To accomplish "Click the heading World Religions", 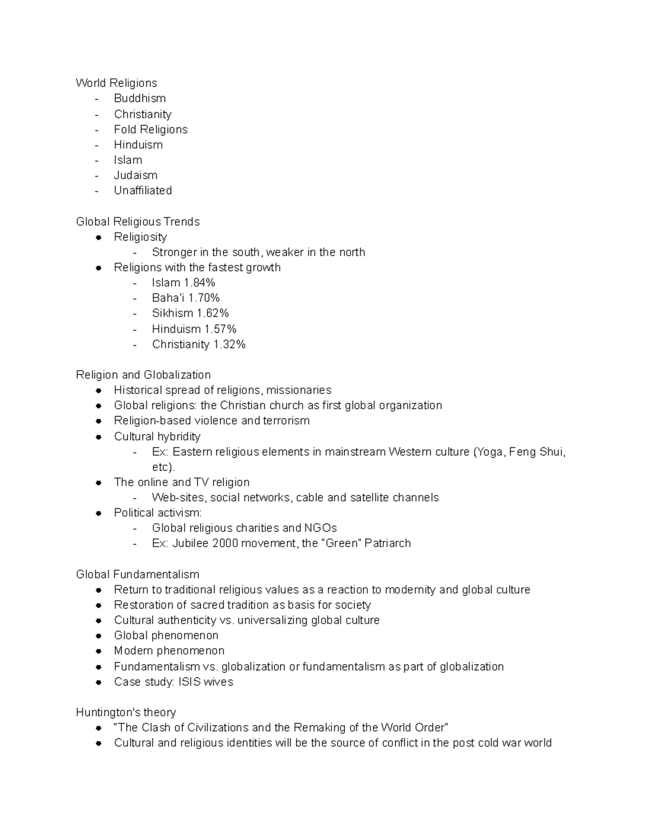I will [116, 83].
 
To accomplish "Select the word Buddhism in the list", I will [140, 98].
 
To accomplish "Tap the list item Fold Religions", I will [150, 130].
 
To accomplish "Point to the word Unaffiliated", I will [143, 190].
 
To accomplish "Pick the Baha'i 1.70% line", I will [185, 298].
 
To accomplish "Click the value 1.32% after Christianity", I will [229, 344].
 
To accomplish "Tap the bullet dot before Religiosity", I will [99, 237].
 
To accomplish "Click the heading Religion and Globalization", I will [143, 375].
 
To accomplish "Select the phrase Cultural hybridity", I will [157, 437].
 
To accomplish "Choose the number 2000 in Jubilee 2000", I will [225, 543].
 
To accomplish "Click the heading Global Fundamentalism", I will [137, 574].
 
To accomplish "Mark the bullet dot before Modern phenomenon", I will [99, 651].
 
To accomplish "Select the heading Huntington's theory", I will [126, 712].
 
